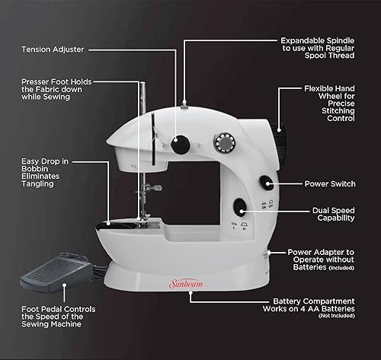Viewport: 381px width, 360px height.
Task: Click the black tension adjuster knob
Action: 181,142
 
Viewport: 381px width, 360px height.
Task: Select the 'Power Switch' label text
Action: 329,183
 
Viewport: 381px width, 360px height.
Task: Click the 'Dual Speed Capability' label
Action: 332,214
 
